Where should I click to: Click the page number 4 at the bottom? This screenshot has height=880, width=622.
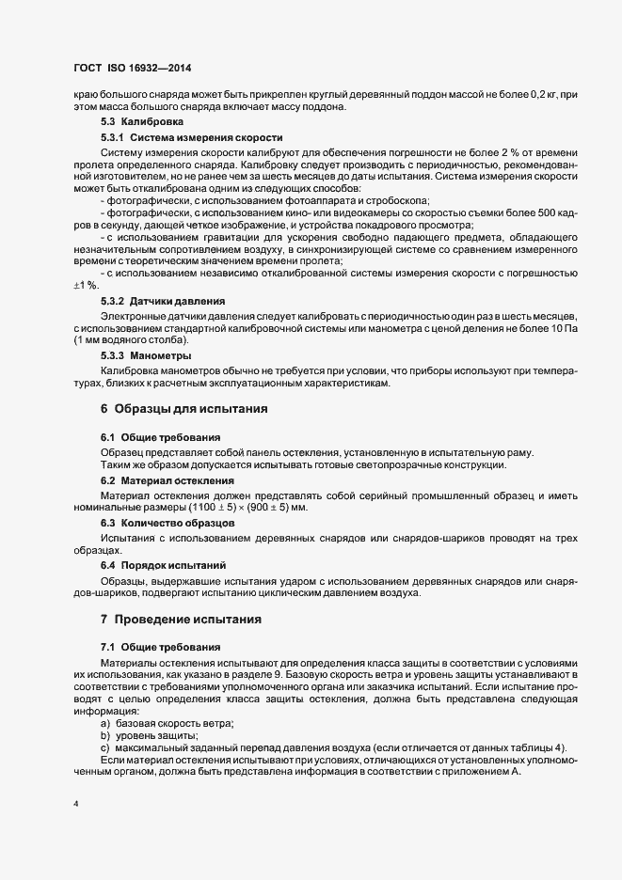pos(75,805)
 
